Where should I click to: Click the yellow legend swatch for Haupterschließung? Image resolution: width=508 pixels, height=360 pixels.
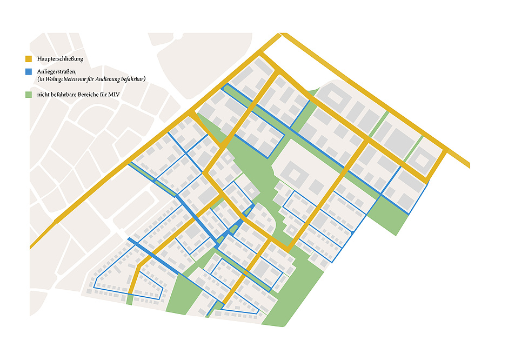28,58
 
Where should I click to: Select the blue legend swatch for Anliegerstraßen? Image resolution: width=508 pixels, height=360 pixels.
28,71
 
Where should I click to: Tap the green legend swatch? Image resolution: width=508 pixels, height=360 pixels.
28,95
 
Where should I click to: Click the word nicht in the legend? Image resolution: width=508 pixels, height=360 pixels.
43,95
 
